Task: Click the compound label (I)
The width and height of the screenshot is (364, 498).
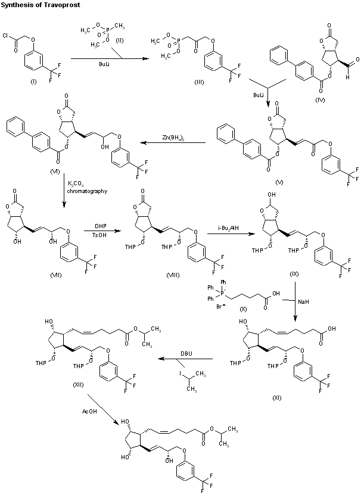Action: tap(33, 82)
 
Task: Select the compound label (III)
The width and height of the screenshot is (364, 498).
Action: tap(199, 82)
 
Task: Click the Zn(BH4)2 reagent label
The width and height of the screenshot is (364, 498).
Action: tap(172, 138)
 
